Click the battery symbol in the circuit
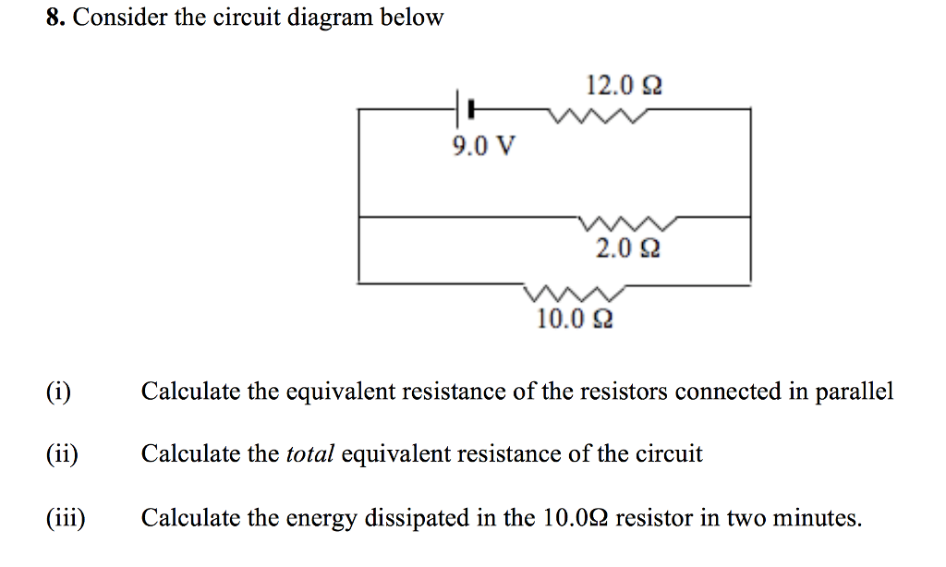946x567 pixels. click(x=464, y=109)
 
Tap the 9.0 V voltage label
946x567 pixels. click(x=484, y=145)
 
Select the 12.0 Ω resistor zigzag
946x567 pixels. click(x=598, y=115)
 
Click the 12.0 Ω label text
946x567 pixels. click(x=625, y=85)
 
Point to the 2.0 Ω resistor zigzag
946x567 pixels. click(x=628, y=223)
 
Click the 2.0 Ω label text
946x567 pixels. click(x=628, y=247)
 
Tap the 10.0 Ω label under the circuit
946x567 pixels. click(x=575, y=319)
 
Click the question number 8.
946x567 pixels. click(x=55, y=18)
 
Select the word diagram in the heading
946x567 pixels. click(x=330, y=18)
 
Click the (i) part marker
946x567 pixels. click(x=58, y=392)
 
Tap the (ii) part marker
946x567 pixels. click(x=62, y=453)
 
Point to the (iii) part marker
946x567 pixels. click(x=66, y=517)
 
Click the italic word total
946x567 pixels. click(x=309, y=453)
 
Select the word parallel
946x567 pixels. click(x=854, y=392)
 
